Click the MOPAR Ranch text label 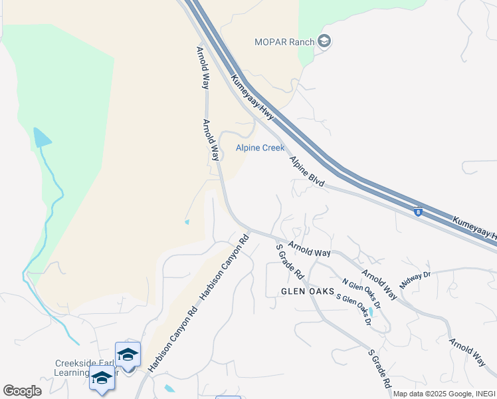[284, 42]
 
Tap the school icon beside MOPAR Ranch [324, 42]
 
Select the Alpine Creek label [260, 148]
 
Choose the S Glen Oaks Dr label [353, 310]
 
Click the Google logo [22, 391]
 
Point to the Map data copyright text [444, 394]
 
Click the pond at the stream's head [42, 138]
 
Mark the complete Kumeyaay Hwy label [252, 97]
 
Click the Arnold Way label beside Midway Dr [379, 285]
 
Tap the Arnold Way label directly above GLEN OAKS [309, 249]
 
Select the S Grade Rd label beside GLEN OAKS [290, 261]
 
